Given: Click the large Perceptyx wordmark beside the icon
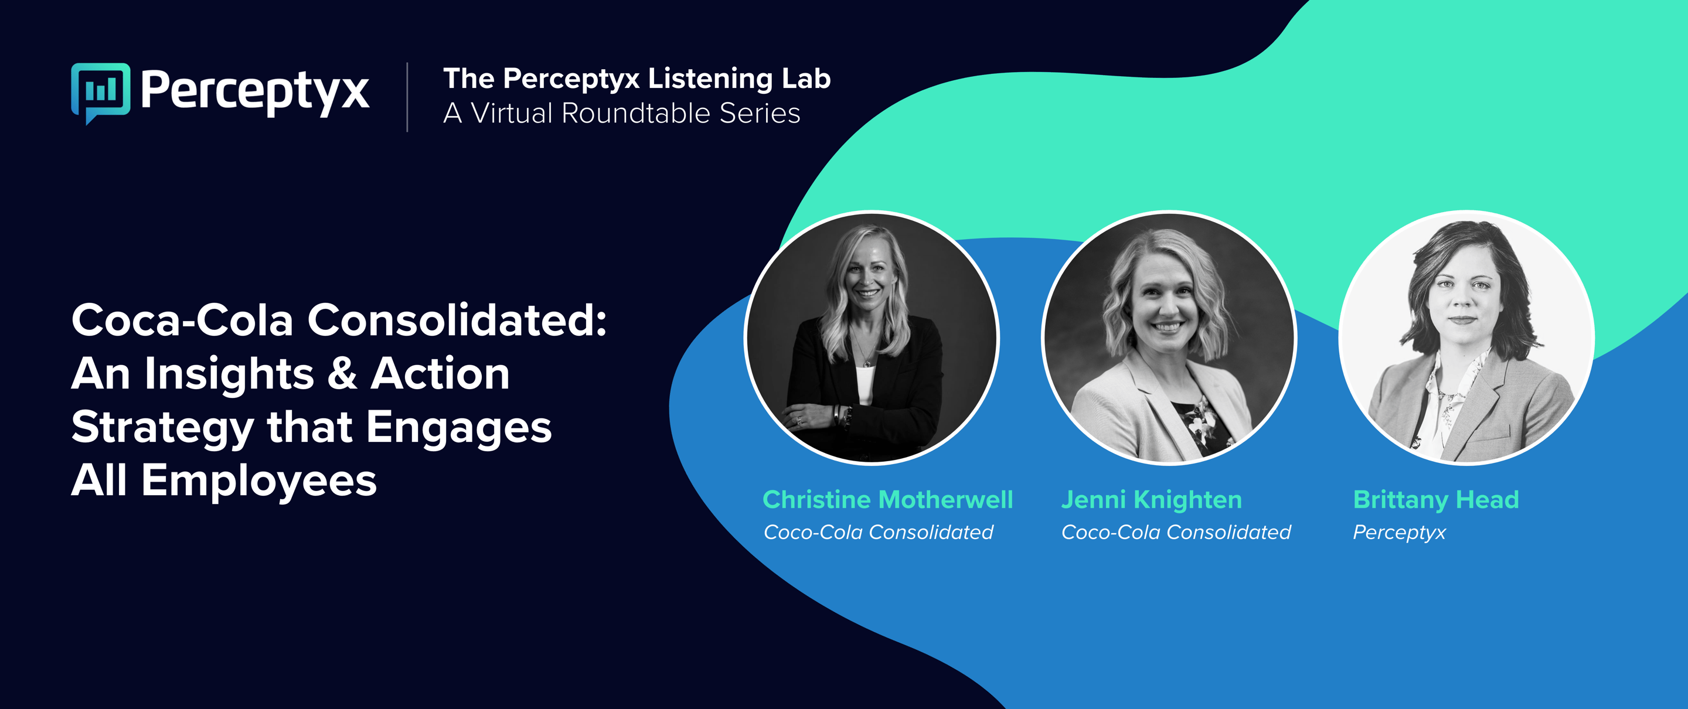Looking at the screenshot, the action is (x=255, y=92).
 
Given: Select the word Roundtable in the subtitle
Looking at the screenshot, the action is (x=635, y=113).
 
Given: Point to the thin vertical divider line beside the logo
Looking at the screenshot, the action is (x=407, y=97).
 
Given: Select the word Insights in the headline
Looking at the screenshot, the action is (x=229, y=373).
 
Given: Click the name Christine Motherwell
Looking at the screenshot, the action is (x=888, y=499).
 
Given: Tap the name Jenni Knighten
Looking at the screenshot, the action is (x=1151, y=500).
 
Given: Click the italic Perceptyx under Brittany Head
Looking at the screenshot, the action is (x=1399, y=533).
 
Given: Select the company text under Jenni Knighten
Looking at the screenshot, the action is (x=1176, y=532).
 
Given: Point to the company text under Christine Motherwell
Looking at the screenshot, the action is (x=878, y=532).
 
